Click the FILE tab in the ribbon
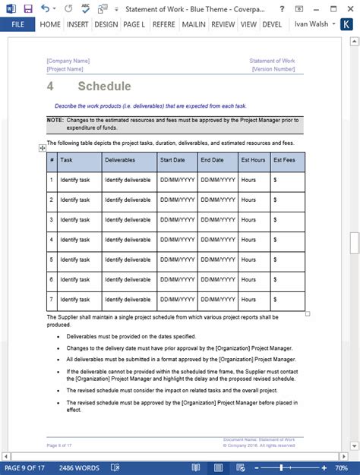[x=17, y=24]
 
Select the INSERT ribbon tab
[x=77, y=24]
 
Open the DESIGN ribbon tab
[x=106, y=24]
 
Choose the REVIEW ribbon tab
[x=223, y=24]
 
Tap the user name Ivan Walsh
[x=312, y=24]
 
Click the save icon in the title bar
[x=27, y=8]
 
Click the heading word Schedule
[x=104, y=87]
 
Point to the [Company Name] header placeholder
[x=68, y=61]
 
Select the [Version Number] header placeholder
[x=273, y=69]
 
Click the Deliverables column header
[x=120, y=160]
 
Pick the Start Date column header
[x=172, y=160]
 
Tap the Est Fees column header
[x=284, y=160]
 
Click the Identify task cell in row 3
[x=75, y=219]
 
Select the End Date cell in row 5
[x=215, y=260]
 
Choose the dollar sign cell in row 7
[x=275, y=299]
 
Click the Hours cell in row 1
[x=248, y=180]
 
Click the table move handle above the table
[x=43, y=149]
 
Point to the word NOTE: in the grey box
[x=55, y=121]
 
